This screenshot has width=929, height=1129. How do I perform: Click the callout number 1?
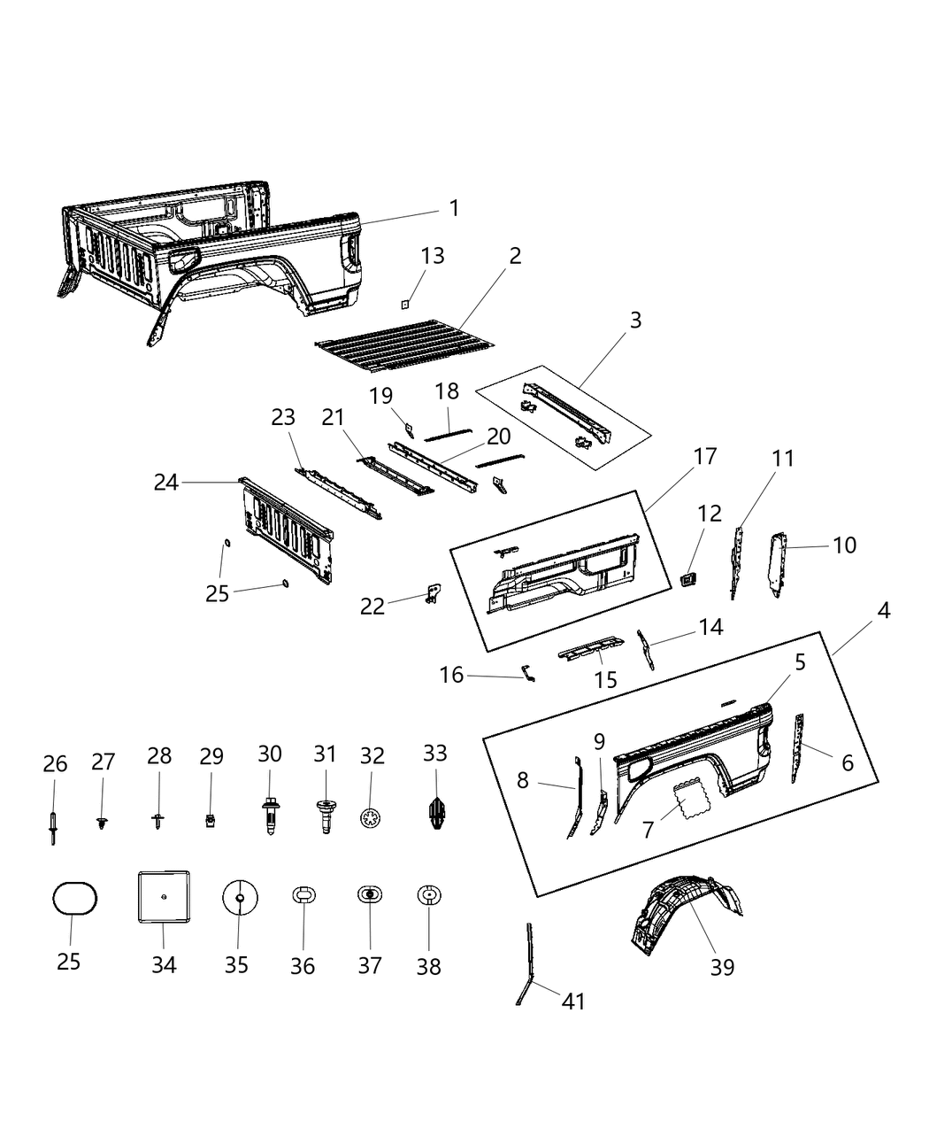coord(454,208)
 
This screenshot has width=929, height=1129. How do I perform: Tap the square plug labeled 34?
coord(164,897)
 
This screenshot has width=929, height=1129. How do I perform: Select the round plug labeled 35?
coord(239,898)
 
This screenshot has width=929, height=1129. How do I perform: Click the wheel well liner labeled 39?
coord(686,913)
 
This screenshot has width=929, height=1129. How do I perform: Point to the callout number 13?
coord(432,256)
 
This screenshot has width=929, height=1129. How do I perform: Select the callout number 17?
coord(705,457)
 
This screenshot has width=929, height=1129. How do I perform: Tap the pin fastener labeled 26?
coord(54,824)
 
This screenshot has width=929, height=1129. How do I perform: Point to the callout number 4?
coord(883,610)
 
